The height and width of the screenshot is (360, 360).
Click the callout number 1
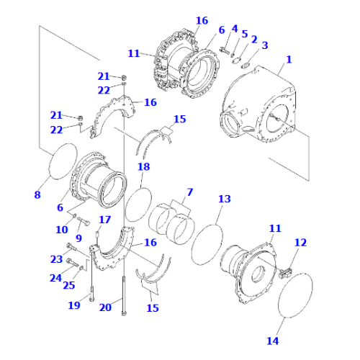point(289,60)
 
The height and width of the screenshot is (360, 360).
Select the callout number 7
point(189,193)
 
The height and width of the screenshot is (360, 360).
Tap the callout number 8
point(37,194)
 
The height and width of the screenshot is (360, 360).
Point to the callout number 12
point(300,243)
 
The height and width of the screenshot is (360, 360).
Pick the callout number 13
point(225,199)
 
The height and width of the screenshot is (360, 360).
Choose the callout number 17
point(104,220)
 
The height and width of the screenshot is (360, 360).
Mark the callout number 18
point(144,166)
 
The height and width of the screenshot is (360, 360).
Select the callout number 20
point(105,307)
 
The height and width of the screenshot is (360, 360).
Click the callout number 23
point(56,259)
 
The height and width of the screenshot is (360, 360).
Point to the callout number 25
point(69,286)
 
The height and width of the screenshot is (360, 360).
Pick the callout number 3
point(264,45)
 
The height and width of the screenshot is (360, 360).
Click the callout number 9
point(78,237)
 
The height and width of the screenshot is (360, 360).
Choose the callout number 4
point(234,29)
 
